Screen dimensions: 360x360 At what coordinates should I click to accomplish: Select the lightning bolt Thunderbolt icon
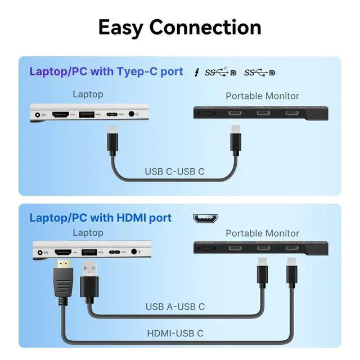click(x=196, y=73)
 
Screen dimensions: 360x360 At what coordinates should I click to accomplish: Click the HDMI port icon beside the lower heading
click(x=206, y=218)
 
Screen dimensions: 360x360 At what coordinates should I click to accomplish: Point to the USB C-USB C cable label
click(x=174, y=172)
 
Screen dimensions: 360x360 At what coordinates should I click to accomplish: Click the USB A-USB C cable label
click(x=175, y=307)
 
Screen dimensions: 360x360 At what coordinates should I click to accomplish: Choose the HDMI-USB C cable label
click(x=175, y=334)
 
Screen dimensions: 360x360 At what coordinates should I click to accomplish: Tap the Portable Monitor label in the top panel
click(x=262, y=96)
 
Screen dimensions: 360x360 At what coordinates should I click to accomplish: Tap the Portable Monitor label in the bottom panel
click(x=262, y=233)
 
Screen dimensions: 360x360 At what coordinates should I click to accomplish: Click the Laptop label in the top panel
click(x=88, y=94)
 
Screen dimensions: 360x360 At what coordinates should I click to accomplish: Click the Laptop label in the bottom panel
click(x=88, y=232)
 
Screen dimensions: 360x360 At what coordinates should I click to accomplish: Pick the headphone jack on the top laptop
click(x=133, y=114)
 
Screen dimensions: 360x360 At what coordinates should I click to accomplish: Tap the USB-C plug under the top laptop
click(x=112, y=141)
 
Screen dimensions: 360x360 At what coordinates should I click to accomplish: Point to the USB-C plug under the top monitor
click(x=235, y=141)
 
